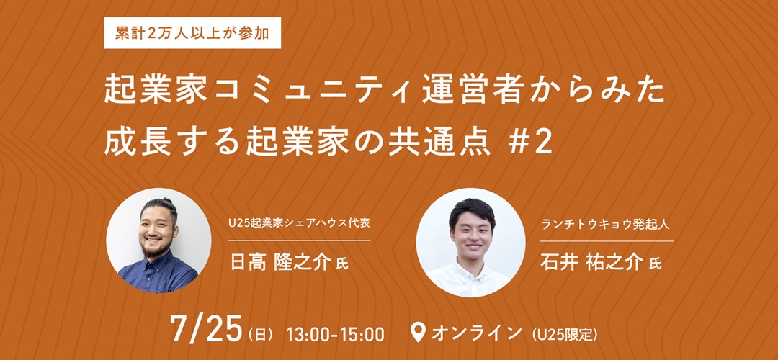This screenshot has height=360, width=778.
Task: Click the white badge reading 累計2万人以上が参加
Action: [x=192, y=32]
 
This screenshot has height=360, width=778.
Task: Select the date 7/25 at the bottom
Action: [x=205, y=329]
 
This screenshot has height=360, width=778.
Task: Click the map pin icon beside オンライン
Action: [x=419, y=333]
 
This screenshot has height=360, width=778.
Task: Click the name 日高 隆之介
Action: [x=280, y=263]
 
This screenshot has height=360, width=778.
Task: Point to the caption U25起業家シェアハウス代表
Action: [x=299, y=224]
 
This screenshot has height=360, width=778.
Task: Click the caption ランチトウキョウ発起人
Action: [x=606, y=224]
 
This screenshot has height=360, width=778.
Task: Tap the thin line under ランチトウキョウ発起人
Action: [x=607, y=241]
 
